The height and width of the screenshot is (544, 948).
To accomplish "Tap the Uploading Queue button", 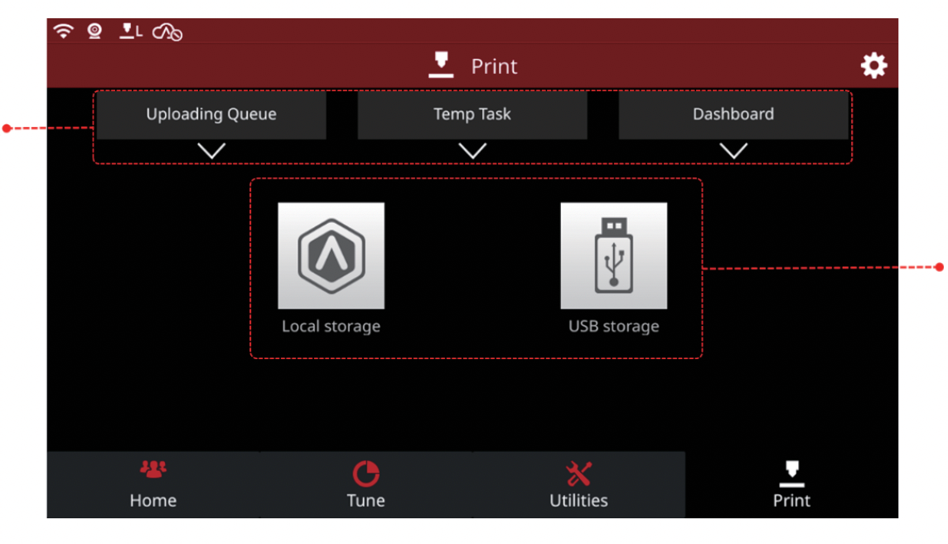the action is click(x=211, y=115).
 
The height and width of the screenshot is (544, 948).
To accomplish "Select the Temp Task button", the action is click(x=472, y=115).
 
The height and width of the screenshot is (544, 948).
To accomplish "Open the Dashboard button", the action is click(x=733, y=115).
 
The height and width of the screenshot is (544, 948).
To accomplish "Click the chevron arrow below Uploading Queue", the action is click(x=211, y=150).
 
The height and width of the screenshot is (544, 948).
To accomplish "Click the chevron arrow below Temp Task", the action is click(x=472, y=150).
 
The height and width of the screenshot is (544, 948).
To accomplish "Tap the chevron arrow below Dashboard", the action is click(x=733, y=150).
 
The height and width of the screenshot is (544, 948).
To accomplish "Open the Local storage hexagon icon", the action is click(x=331, y=255).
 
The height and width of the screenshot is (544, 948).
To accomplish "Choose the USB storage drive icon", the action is click(x=614, y=255).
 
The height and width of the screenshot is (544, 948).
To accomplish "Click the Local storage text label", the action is click(x=331, y=327).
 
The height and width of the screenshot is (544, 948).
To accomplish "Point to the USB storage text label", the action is click(x=614, y=327).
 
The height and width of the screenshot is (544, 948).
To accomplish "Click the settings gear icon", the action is click(x=873, y=66).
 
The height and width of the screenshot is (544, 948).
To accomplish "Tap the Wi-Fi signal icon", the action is click(x=64, y=31).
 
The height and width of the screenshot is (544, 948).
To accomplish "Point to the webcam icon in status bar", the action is click(x=95, y=31).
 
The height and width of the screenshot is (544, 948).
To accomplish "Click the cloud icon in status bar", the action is click(x=167, y=32).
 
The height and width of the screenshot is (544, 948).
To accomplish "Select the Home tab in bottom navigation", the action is click(x=153, y=484).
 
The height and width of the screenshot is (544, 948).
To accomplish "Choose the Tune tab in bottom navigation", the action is click(x=365, y=484).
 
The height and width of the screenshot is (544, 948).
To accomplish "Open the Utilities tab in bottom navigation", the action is click(x=578, y=484).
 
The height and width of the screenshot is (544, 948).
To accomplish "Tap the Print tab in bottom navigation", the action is click(x=791, y=484).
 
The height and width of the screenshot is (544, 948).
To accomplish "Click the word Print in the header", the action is click(x=494, y=66).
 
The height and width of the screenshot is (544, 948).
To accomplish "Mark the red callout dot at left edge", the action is click(x=7, y=129).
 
